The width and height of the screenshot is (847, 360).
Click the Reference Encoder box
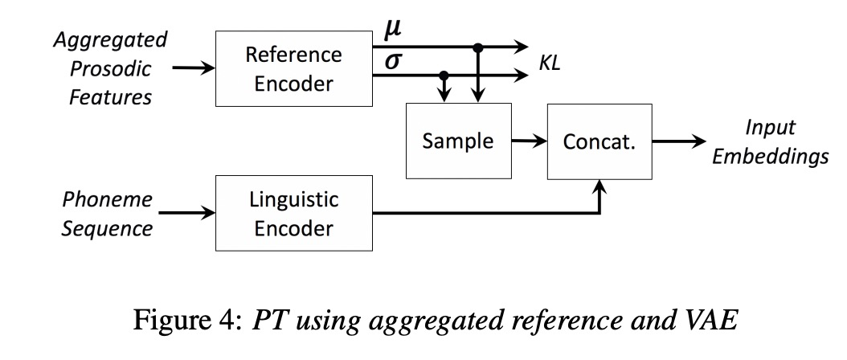pos(293,67)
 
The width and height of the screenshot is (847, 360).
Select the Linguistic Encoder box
pos(293,214)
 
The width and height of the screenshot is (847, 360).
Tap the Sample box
pos(458,141)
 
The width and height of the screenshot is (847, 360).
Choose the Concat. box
pos(599,141)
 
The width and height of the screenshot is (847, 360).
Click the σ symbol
pos(393,62)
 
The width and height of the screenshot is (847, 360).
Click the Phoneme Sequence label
pos(108,213)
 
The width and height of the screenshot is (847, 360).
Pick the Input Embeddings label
pos(769,141)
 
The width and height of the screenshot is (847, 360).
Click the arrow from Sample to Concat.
pos(528,141)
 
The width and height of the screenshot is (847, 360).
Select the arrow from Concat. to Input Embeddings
pos(675,141)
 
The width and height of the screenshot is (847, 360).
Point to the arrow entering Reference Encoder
pos(194,68)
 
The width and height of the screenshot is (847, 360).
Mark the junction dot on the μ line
pos(478,48)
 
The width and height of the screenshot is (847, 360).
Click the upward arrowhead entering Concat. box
pos(599,186)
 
